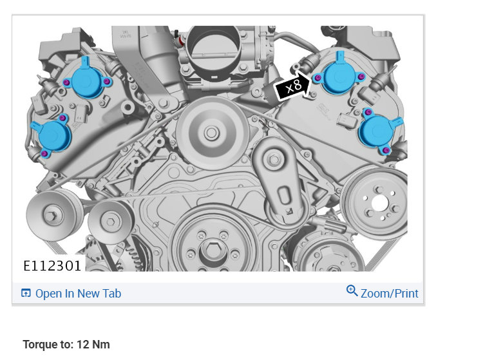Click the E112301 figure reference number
[52, 266]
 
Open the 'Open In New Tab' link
[79, 293]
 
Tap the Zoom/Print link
[390, 293]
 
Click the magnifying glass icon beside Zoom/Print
[352, 290]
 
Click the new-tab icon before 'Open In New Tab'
[26, 293]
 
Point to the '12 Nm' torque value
[93, 345]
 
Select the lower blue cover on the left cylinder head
[52, 136]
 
